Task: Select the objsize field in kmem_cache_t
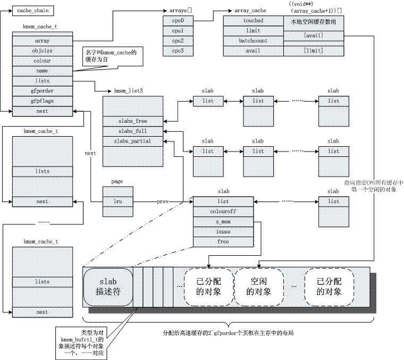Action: click(42, 51)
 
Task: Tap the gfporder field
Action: click(42, 90)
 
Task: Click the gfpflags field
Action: click(42, 101)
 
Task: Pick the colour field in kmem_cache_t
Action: click(42, 61)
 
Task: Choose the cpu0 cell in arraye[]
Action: click(178, 21)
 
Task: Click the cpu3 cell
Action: click(178, 51)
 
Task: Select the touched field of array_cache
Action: click(253, 21)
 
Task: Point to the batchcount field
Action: click(253, 40)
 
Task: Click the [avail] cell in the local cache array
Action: click(313, 36)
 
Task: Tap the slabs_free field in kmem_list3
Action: click(133, 121)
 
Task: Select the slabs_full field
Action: click(133, 131)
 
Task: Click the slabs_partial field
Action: click(133, 141)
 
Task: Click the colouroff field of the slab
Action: click(223, 212)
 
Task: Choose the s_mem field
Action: click(223, 222)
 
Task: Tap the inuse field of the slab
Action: click(223, 232)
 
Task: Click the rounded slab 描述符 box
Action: click(107, 287)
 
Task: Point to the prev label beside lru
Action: click(163, 202)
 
